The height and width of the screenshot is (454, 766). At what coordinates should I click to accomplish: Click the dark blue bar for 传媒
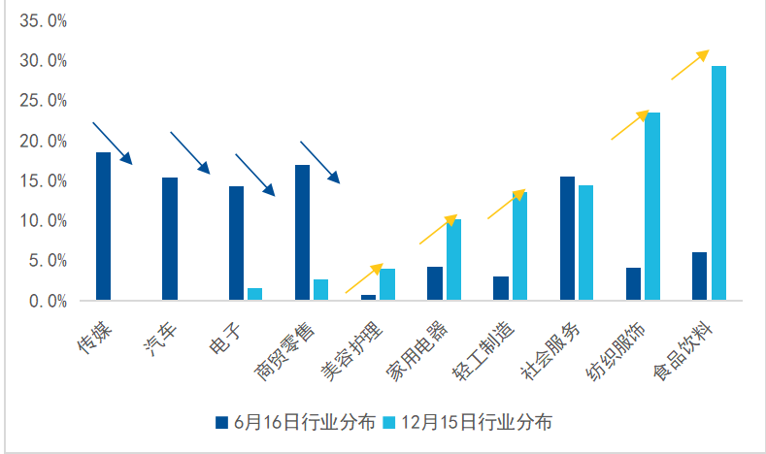coord(103,226)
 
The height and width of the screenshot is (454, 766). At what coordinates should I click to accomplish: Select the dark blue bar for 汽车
coord(170,239)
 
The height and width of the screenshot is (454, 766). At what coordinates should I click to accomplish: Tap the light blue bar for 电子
coord(254,294)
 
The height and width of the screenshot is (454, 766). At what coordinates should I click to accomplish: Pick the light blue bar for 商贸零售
coord(320,290)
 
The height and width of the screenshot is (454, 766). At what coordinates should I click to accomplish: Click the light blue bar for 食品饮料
coord(718,183)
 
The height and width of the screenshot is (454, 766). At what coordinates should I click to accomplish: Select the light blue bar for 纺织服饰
coord(652,207)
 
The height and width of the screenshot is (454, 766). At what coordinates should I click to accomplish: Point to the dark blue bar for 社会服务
coord(567,239)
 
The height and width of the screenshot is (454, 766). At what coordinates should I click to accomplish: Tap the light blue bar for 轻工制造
coord(519,246)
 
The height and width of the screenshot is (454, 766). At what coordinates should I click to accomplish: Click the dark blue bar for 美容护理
coord(368,297)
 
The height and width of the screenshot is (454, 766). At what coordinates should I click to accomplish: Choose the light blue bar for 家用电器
coord(453,260)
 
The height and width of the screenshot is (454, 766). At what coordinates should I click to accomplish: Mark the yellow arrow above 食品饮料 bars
coord(690,65)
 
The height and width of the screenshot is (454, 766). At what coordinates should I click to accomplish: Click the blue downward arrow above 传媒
coord(112,144)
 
